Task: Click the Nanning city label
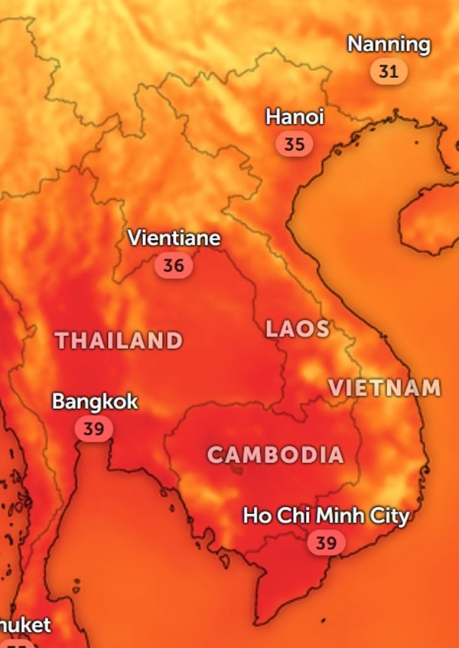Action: [x=389, y=44]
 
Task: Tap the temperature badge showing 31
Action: [x=389, y=72]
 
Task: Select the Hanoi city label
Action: [x=295, y=117]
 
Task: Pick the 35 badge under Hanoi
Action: [x=294, y=144]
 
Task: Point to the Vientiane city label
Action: [x=174, y=239]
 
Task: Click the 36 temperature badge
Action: [x=174, y=265]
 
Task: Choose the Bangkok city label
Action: [x=95, y=401]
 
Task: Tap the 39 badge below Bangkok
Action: [x=93, y=428]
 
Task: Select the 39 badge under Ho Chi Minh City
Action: [x=326, y=543]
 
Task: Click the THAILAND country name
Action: [x=119, y=340]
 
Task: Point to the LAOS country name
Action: [x=298, y=330]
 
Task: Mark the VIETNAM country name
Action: [x=385, y=388]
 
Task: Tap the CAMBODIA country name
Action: [x=275, y=454]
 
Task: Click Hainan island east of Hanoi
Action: [x=428, y=218]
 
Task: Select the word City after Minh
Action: [x=389, y=516]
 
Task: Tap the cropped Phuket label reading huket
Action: [x=25, y=625]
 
